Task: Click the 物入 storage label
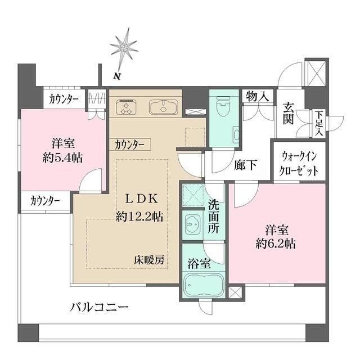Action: [x=256, y=97]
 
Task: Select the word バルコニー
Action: [x=100, y=308]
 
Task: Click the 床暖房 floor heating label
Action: [x=149, y=260]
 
